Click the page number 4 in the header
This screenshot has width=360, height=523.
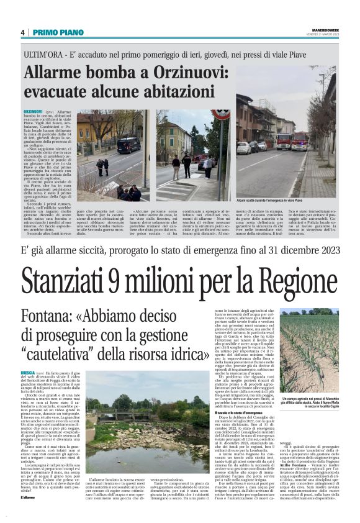[x=22, y=32]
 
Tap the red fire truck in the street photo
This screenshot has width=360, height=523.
[x=300, y=141]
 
